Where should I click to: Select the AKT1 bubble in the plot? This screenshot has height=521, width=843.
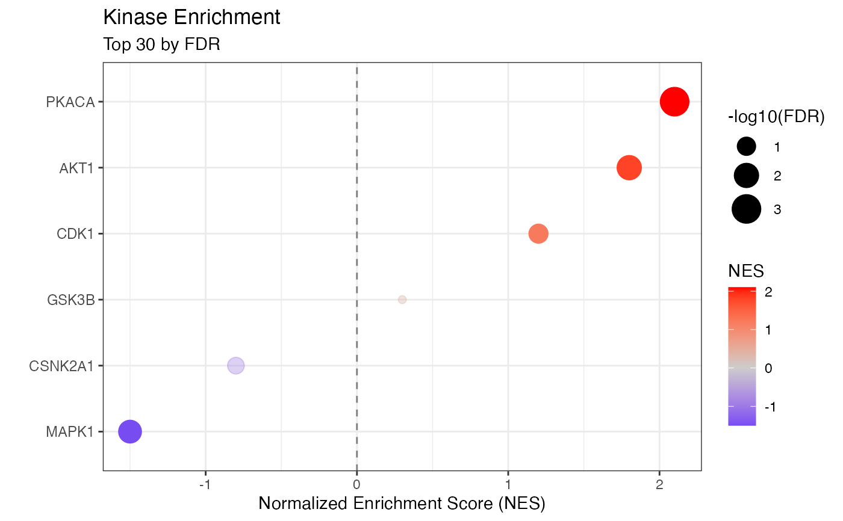(629, 168)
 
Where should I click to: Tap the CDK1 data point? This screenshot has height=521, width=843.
(538, 233)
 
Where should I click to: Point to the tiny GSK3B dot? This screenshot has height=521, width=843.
(402, 300)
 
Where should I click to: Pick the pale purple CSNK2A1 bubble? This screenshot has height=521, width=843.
(236, 365)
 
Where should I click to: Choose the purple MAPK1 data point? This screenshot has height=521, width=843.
(130, 431)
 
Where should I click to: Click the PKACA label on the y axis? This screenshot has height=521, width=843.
(70, 102)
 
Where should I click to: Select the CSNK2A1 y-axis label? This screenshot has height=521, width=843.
(61, 366)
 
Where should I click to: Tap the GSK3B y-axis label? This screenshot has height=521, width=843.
(70, 300)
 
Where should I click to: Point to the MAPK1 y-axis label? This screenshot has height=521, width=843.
(70, 431)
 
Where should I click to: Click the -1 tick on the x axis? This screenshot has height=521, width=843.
(206, 484)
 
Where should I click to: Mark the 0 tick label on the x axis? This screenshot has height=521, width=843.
(357, 484)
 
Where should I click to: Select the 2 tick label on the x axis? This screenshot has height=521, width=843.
(659, 484)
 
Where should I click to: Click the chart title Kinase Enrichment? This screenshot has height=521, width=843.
(192, 17)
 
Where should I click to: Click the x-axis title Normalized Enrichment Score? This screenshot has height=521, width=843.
(402, 503)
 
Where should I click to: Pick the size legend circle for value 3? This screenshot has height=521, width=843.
(747, 209)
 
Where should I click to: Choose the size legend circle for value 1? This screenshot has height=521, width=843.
(747, 146)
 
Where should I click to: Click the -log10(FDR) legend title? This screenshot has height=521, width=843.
(776, 117)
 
